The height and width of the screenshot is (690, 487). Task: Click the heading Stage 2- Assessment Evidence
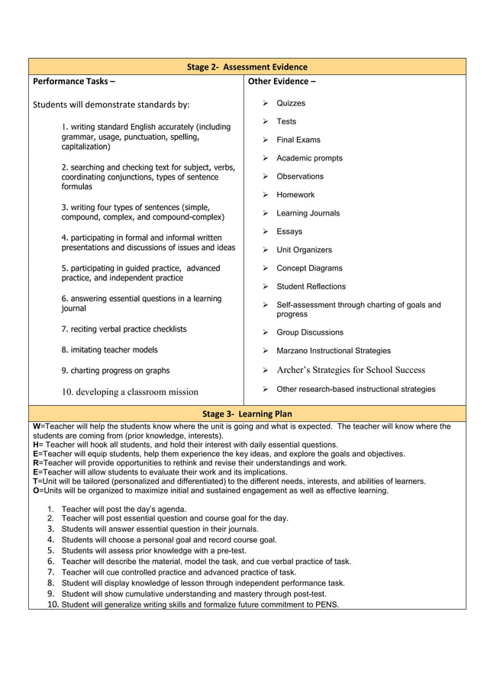click(x=247, y=67)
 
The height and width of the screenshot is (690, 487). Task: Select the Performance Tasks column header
click(x=74, y=82)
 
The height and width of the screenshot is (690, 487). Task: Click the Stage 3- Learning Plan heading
click(x=247, y=414)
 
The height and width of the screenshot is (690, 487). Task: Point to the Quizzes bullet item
click(x=290, y=103)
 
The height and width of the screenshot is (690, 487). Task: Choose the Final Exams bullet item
click(x=298, y=140)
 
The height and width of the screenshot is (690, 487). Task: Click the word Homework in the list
click(x=295, y=195)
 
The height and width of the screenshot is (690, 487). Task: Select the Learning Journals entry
click(x=308, y=213)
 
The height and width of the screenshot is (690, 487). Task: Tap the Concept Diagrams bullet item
click(x=309, y=268)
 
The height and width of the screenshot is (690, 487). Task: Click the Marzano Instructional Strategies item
click(x=333, y=351)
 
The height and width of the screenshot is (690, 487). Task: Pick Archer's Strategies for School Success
click(x=350, y=370)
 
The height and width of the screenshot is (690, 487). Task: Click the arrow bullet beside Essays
click(x=264, y=232)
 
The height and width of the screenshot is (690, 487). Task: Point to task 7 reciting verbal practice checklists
click(x=124, y=329)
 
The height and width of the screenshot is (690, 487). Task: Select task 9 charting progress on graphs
click(x=115, y=371)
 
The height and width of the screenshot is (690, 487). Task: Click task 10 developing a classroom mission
click(x=130, y=392)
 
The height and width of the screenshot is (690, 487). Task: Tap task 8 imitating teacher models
click(x=109, y=350)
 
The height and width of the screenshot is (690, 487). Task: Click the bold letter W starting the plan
click(x=37, y=426)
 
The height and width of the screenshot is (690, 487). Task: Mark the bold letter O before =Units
click(x=36, y=491)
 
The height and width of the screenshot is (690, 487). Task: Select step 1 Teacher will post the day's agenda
click(x=124, y=509)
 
